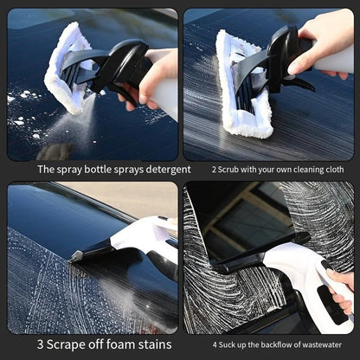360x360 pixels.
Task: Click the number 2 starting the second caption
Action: tap(214, 169)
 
